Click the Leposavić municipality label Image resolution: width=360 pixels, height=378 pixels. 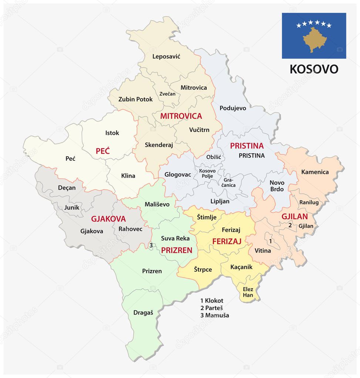[166, 57]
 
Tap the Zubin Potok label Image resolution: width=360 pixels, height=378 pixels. [135, 99]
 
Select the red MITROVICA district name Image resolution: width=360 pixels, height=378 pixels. [181, 116]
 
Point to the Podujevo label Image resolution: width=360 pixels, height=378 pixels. [233, 108]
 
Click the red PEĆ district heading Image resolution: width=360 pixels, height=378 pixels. [103, 151]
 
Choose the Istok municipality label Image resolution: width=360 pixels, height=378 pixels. [112, 133]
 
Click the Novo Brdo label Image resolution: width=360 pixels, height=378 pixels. [277, 185]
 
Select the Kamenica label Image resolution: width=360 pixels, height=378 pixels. [315, 172]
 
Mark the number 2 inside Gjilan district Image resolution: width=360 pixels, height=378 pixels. [290, 225]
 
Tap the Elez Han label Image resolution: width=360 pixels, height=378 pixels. [248, 292]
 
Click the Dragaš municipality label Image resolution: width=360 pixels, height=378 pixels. [143, 312]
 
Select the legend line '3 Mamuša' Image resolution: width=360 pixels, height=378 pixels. [215, 315]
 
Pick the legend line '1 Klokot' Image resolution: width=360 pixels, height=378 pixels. [212, 300]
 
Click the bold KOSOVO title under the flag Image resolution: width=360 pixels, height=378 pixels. [314, 69]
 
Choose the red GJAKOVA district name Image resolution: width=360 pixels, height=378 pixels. [108, 219]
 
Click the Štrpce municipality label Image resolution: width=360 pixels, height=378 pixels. [203, 269]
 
